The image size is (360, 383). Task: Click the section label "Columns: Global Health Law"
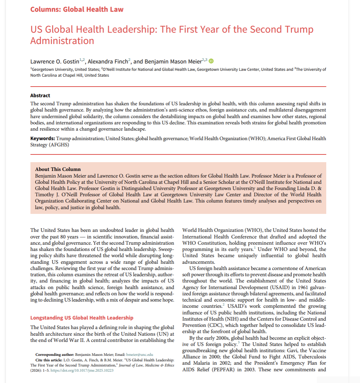pyautogui.click(x=77, y=9)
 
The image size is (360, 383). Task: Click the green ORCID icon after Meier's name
pyautogui.click(x=211, y=61)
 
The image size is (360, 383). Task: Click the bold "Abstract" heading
pyautogui.click(x=40, y=96)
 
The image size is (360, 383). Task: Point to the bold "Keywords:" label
pyautogui.click(x=43, y=138)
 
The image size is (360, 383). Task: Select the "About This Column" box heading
pyautogui.click(x=58, y=169)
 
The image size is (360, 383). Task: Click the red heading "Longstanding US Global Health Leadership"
pyautogui.click(x=82, y=318)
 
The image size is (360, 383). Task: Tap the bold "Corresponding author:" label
pyautogui.click(x=55, y=355)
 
